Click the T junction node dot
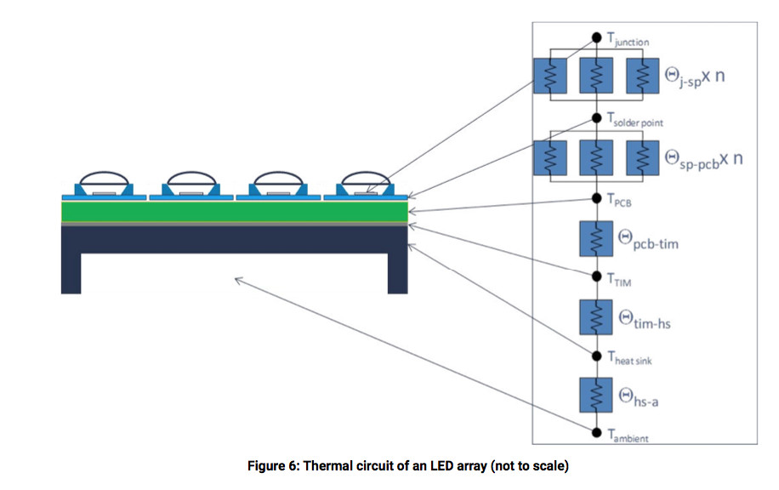click(596, 38)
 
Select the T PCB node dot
click(596, 199)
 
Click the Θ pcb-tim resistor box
click(596, 238)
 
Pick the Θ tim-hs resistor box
click(596, 316)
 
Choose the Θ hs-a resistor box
click(596, 395)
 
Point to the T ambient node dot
click(596, 432)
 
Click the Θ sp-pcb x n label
click(702, 158)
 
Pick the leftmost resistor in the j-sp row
click(550, 77)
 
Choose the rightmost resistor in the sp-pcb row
click(641, 157)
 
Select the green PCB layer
click(234, 211)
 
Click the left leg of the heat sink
click(71, 271)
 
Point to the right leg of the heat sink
click(397, 271)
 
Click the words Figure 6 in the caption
click(270, 467)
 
